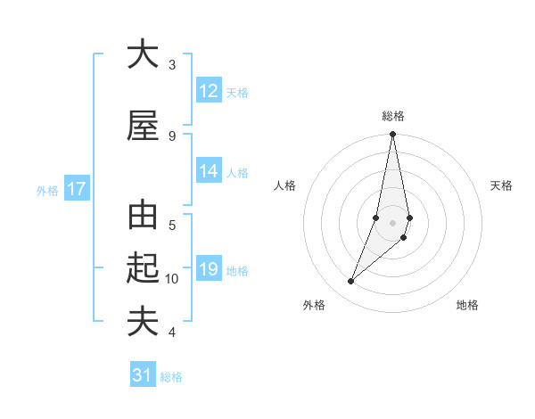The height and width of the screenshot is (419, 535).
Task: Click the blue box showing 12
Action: (x=209, y=91)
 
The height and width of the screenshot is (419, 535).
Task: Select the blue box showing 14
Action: (x=209, y=172)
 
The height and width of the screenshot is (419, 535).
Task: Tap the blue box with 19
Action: (x=209, y=269)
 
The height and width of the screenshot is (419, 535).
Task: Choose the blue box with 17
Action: (x=77, y=189)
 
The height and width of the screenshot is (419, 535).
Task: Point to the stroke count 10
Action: (x=172, y=279)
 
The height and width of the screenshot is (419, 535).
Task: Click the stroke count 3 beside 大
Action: (x=172, y=65)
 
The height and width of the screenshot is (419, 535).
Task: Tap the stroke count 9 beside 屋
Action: (x=172, y=136)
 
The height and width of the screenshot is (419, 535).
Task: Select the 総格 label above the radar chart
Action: (x=393, y=116)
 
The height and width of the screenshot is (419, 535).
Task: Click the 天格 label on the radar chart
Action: (x=501, y=185)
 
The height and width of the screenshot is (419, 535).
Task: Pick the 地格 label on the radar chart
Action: (x=467, y=305)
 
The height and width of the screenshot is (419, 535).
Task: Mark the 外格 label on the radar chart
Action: (x=314, y=305)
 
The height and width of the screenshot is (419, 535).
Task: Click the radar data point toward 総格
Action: (x=392, y=135)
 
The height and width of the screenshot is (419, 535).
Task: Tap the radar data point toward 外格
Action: (x=350, y=282)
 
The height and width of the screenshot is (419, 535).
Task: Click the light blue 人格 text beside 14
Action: (x=237, y=173)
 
